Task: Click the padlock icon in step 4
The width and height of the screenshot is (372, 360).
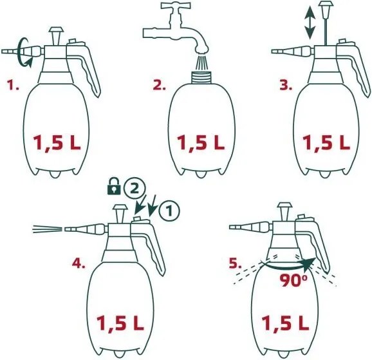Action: tap(113, 189)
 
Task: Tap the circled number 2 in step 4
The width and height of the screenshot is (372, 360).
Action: tap(132, 188)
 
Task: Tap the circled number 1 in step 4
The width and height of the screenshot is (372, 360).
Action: tap(169, 208)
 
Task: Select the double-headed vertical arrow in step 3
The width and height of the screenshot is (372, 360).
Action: tap(310, 21)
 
